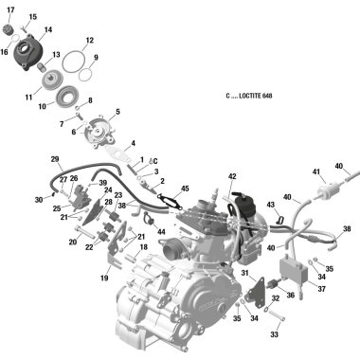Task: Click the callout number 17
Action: [11, 9]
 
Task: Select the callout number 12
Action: [89, 41]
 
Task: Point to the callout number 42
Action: [232, 176]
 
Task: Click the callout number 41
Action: [316, 171]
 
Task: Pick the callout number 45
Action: [185, 189]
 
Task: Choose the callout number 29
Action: [55, 158]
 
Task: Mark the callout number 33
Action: [274, 334]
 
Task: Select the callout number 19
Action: [103, 279]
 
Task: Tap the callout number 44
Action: [161, 231]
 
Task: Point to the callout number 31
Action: [244, 273]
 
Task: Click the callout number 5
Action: [118, 112]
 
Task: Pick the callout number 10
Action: [43, 106]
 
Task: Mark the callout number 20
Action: [72, 242]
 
